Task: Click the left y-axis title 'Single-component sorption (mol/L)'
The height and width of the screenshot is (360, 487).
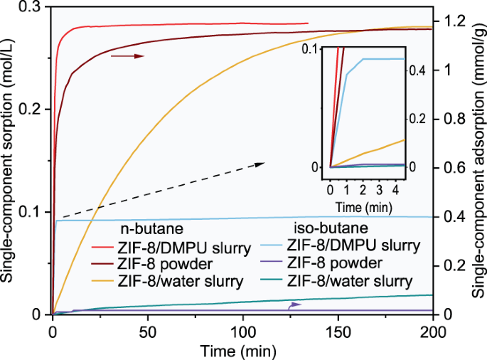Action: click(x=9, y=161)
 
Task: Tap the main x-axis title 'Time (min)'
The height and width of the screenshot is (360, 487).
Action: click(x=242, y=350)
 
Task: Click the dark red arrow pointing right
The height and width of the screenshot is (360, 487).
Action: click(x=128, y=55)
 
